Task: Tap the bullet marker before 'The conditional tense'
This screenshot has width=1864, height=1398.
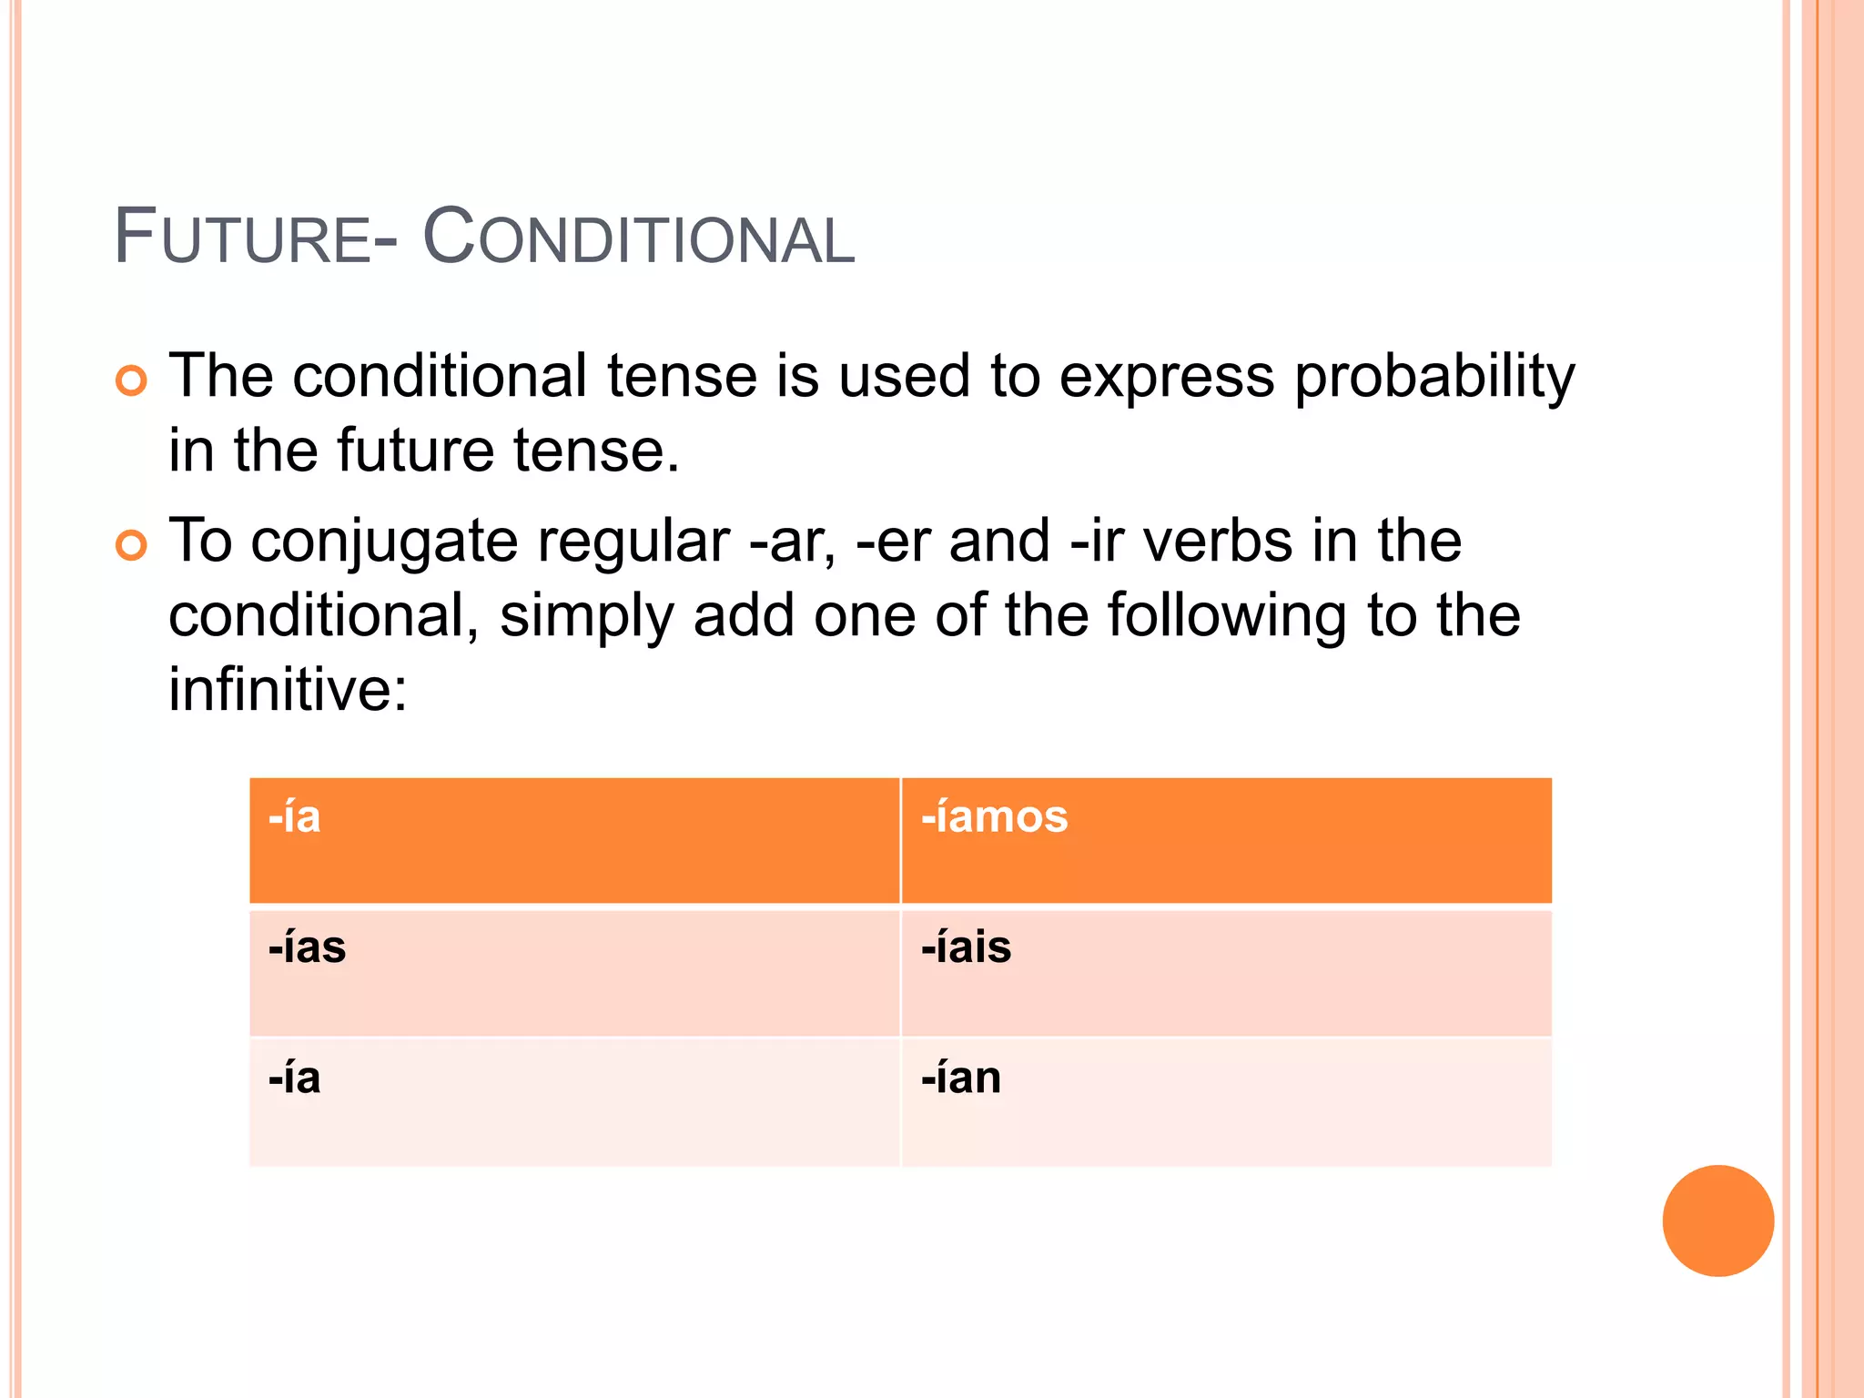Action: [131, 380]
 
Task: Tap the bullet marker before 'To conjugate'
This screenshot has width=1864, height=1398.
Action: [131, 545]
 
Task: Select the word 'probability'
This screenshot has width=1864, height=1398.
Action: [1434, 377]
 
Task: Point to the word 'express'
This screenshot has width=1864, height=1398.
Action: [1166, 377]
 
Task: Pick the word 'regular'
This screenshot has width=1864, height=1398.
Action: [633, 541]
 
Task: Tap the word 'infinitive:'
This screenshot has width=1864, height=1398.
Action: [288, 689]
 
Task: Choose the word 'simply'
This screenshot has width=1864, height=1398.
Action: [587, 616]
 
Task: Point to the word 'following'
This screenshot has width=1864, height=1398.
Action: [1226, 616]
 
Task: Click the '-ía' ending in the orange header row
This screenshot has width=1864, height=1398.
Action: [295, 816]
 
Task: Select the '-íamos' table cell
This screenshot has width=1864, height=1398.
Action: [994, 816]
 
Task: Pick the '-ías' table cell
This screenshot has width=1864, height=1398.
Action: [307, 947]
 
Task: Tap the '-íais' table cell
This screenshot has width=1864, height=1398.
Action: [966, 947]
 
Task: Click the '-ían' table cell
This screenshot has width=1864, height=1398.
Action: [961, 1079]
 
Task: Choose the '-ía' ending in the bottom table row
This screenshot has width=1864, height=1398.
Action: [295, 1079]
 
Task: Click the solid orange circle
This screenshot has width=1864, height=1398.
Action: [1717, 1221]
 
